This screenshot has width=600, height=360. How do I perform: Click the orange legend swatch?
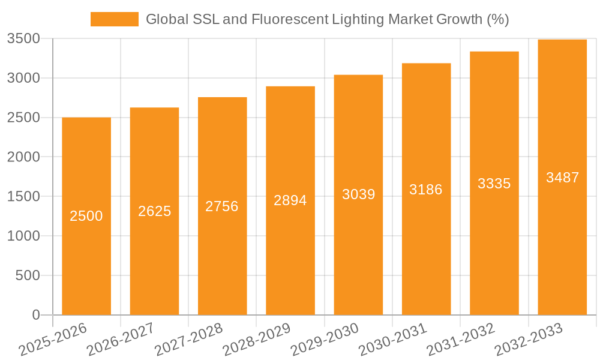pos(114,19)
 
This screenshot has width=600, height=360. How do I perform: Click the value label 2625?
pos(155,211)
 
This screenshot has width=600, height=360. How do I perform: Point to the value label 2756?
pos(222,206)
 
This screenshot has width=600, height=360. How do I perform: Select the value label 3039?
pos(358,194)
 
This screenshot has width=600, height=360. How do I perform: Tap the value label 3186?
pos(426,190)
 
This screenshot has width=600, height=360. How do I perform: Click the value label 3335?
pos(494,184)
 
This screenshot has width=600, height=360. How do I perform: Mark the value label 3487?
pos(562,178)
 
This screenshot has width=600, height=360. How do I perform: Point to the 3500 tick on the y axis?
pos(23,39)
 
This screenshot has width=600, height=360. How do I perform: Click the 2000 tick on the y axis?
pos(23,157)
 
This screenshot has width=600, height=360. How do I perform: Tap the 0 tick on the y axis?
pos(35,315)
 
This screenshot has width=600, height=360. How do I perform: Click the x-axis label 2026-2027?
pos(121,340)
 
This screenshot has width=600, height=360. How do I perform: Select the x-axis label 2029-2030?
pos(325,340)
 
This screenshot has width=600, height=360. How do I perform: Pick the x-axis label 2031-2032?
pos(461,340)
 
